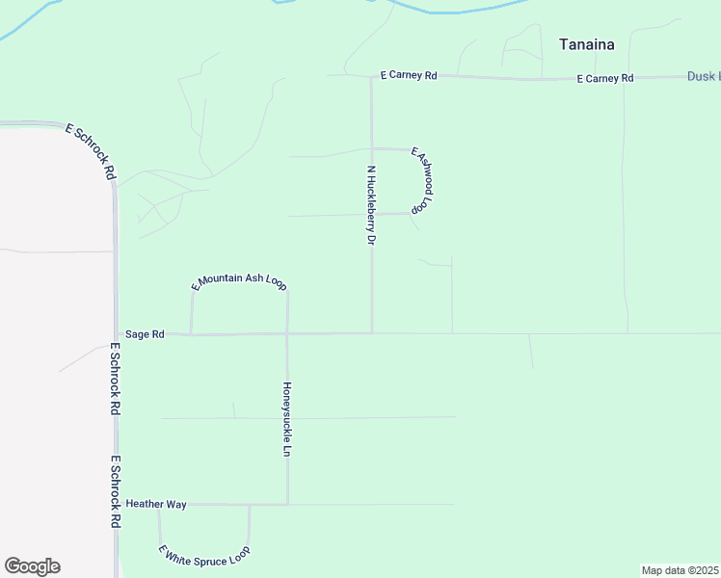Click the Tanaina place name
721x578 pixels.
point(587,43)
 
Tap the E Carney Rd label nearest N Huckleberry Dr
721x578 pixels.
point(409,74)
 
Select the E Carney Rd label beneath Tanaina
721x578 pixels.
point(605,78)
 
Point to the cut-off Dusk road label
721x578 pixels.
point(703,76)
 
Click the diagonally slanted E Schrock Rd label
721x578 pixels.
point(91,151)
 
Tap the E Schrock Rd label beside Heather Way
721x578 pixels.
point(115,491)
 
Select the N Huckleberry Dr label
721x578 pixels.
point(370,205)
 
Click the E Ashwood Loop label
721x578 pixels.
point(424,180)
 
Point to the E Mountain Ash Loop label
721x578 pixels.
point(239,281)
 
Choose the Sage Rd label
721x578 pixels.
point(145,334)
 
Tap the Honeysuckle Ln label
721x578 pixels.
point(286,420)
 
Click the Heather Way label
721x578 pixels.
point(155,504)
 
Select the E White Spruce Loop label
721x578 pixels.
point(204,555)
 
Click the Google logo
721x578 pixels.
point(32,566)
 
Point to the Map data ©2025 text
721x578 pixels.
point(680,570)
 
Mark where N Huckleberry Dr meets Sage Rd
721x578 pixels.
point(372,333)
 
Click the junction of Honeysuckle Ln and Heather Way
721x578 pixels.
point(287,504)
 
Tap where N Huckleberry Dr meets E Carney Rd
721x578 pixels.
point(372,77)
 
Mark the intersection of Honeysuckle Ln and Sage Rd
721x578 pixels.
point(287,334)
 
